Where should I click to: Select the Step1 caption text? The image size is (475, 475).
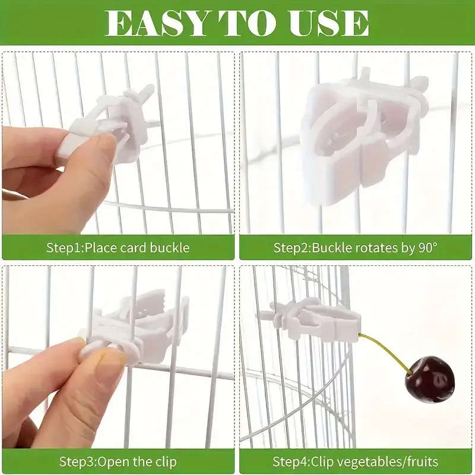(118, 248)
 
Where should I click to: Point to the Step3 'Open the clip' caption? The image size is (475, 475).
(118, 461)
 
